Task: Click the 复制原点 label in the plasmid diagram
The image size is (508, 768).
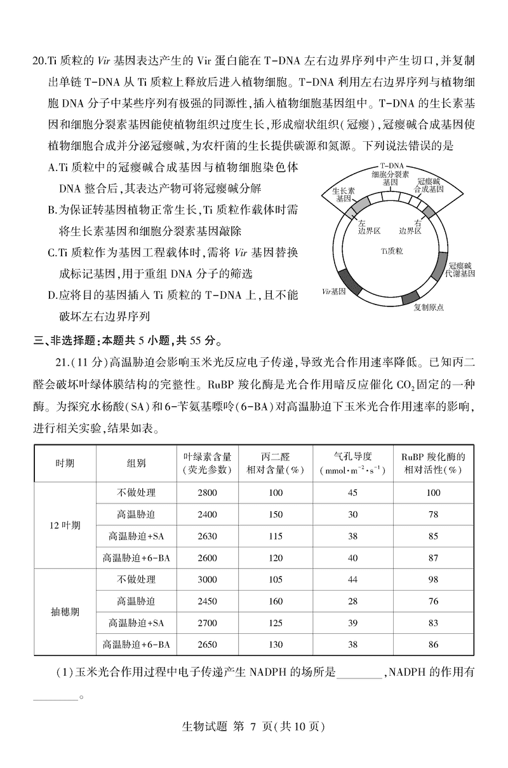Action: tap(428, 307)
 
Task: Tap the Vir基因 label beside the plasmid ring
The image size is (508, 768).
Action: tap(333, 291)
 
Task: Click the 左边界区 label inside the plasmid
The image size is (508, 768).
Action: tap(368, 227)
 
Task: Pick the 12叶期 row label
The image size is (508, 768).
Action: tap(65, 526)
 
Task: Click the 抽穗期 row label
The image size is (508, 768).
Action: tap(65, 612)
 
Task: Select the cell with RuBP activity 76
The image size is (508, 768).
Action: tap(434, 601)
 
